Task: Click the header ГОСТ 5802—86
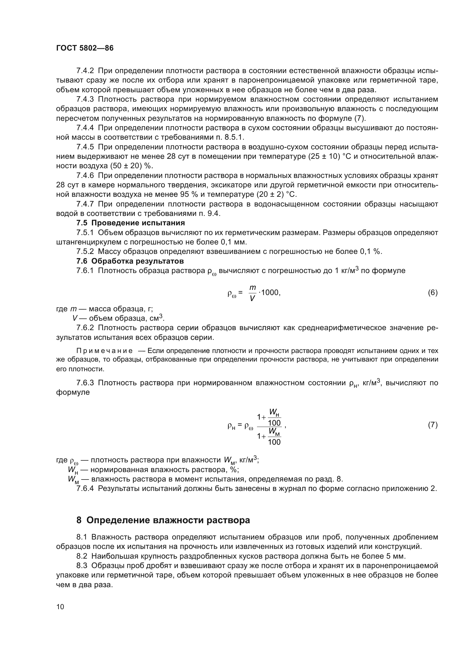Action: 85,48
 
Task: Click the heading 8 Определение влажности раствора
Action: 163,520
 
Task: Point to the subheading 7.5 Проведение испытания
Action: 130,223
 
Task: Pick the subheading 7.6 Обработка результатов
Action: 130,261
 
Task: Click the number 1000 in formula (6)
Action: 270,293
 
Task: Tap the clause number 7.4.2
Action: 85,71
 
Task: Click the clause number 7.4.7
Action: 85,204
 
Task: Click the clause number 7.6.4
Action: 85,488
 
